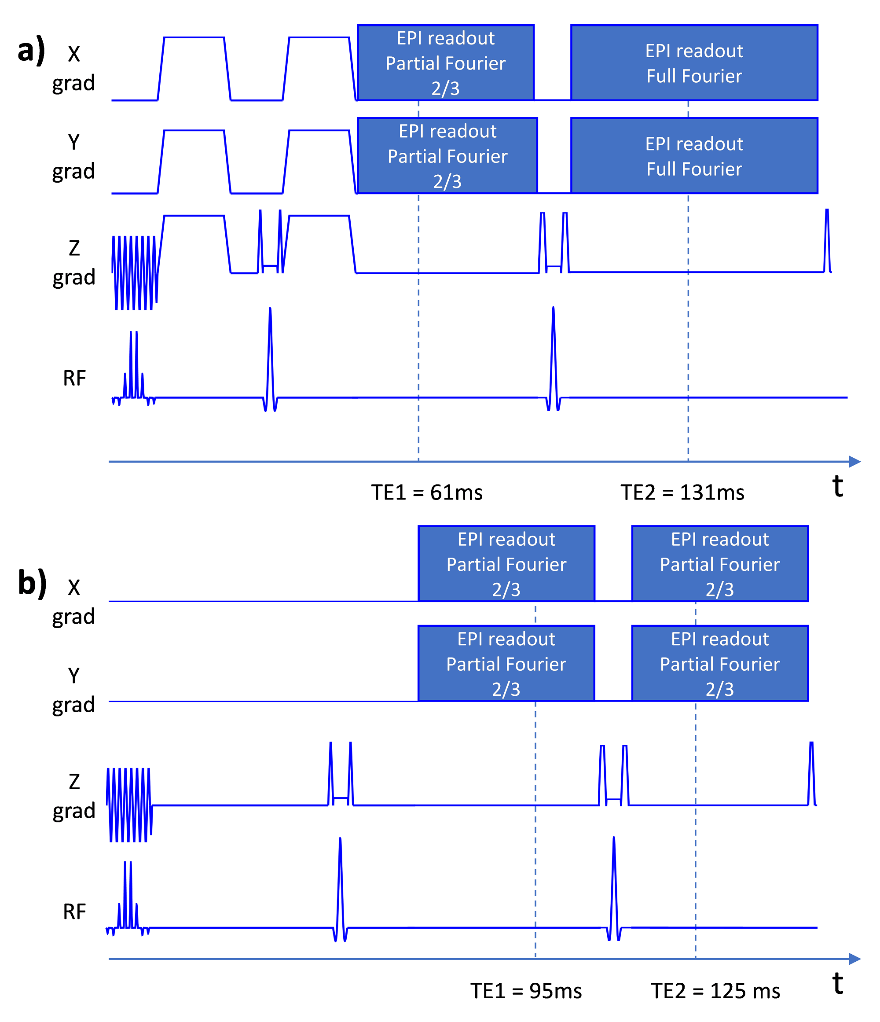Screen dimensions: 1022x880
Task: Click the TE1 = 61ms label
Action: coord(426,492)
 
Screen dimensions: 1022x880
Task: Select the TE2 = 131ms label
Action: coord(682,492)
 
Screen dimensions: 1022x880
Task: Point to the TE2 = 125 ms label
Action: coord(715,990)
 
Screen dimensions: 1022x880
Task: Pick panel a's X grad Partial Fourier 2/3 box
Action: coord(445,63)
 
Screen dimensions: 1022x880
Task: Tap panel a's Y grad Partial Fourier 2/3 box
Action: coord(447,156)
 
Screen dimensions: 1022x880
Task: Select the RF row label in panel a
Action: coord(74,379)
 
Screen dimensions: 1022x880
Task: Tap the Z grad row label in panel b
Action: coord(74,797)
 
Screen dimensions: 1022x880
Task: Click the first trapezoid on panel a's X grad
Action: coord(194,69)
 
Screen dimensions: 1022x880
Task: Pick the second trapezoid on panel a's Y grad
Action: coord(319,162)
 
